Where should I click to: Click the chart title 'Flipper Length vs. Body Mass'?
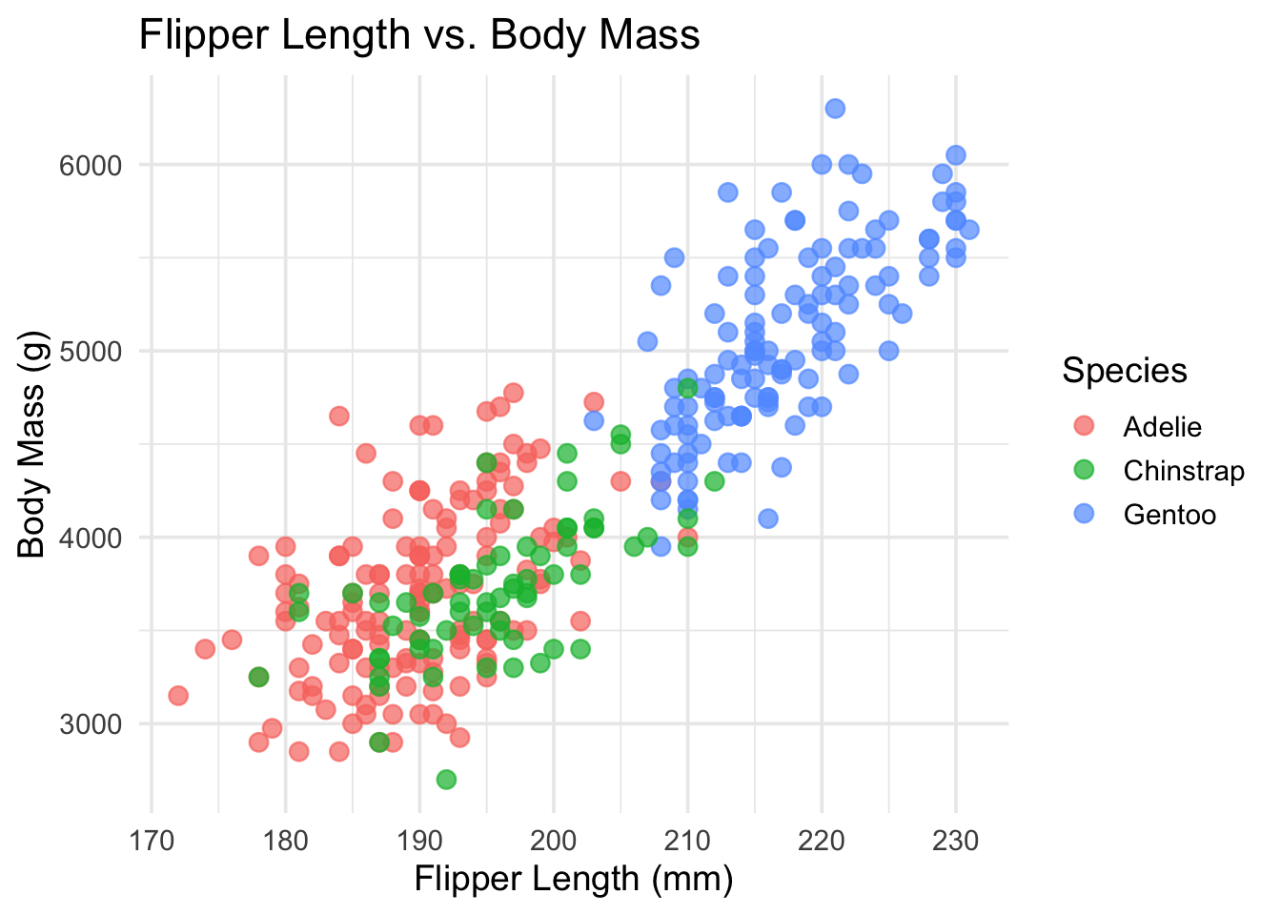tap(419, 36)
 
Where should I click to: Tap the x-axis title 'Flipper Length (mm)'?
tap(573, 878)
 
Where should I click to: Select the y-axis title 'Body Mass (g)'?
tap(32, 443)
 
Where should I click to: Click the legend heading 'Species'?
tap(1125, 371)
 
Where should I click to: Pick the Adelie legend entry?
tap(1162, 427)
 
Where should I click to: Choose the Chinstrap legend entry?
tap(1183, 471)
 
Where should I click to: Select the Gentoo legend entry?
tap(1169, 515)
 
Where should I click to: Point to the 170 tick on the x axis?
tap(152, 841)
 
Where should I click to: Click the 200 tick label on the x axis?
tap(554, 841)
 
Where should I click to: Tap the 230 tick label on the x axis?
tap(955, 841)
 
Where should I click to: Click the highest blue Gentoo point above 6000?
tap(835, 109)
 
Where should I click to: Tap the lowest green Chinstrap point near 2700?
tap(446, 780)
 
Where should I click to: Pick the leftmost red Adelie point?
tap(178, 696)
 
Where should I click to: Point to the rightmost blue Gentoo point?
tap(969, 230)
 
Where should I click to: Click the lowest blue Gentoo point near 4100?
tap(768, 518)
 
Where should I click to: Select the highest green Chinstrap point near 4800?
tap(688, 388)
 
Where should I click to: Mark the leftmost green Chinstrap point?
tap(258, 677)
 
